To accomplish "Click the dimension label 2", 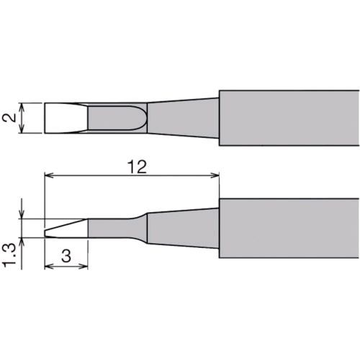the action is (9, 117).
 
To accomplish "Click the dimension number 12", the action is (137, 167).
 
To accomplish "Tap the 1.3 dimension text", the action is (9, 255).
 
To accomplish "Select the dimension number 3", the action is (66, 256).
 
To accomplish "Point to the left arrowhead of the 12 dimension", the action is (49, 176).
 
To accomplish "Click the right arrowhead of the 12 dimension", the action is (215, 176).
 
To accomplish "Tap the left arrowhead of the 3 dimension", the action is (49, 266).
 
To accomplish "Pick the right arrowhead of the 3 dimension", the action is (84, 266).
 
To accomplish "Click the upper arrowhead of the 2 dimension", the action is (22, 107).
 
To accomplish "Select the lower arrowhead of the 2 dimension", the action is (22, 129).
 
